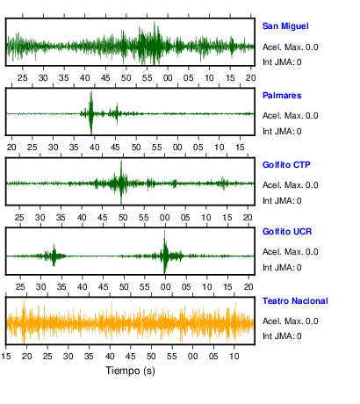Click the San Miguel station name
pyautogui.click(x=285, y=26)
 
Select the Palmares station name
pyautogui.click(x=282, y=96)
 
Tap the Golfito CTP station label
pyautogui.click(x=286, y=165)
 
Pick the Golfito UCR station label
pyautogui.click(x=287, y=232)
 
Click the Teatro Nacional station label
pyautogui.click(x=295, y=301)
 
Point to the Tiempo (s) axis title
pyautogui.click(x=130, y=371)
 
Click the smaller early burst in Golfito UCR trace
pyautogui.click(x=54, y=255)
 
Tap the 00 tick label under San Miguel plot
pyautogui.click(x=168, y=78)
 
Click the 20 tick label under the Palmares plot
pyautogui.click(x=11, y=148)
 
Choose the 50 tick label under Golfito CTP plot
pyautogui.click(x=123, y=218)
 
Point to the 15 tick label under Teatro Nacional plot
pyautogui.click(x=6, y=357)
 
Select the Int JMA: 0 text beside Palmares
pyautogui.click(x=282, y=132)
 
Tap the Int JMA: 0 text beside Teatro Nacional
pyautogui.click(x=282, y=335)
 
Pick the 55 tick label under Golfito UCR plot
pyautogui.click(x=145, y=287)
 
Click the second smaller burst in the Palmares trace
pyautogui.click(x=117, y=114)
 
